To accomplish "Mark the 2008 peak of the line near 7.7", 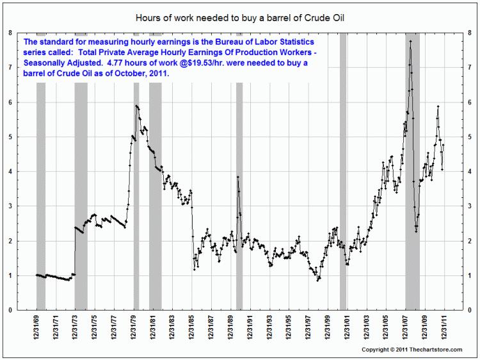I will (x=410, y=42).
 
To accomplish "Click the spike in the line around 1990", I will (x=238, y=177).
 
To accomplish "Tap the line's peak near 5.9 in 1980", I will (x=136, y=106).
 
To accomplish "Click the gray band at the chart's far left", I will (x=41, y=192).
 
